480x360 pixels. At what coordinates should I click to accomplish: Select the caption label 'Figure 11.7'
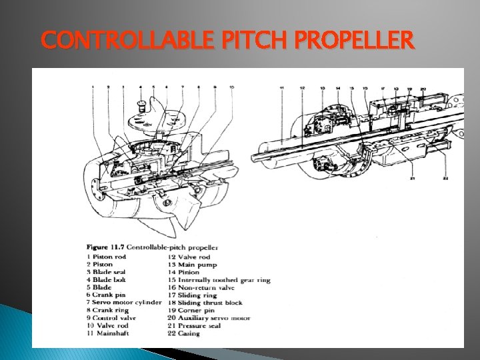pyautogui.click(x=105, y=248)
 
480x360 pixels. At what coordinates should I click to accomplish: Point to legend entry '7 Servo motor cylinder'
pyautogui.click(x=124, y=303)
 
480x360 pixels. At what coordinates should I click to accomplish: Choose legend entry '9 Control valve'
pyautogui.click(x=111, y=318)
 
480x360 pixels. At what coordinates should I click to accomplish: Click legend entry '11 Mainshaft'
pyautogui.click(x=108, y=333)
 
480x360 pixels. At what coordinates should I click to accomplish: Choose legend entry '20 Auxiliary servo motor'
pyautogui.click(x=209, y=318)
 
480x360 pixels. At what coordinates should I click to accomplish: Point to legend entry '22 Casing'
pyautogui.click(x=184, y=333)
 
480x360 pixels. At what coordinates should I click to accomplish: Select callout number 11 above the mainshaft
pyautogui.click(x=282, y=87)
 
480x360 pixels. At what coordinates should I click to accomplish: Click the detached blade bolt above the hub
pyautogui.click(x=141, y=105)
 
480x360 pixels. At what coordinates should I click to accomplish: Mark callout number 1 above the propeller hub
pyautogui.click(x=92, y=87)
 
